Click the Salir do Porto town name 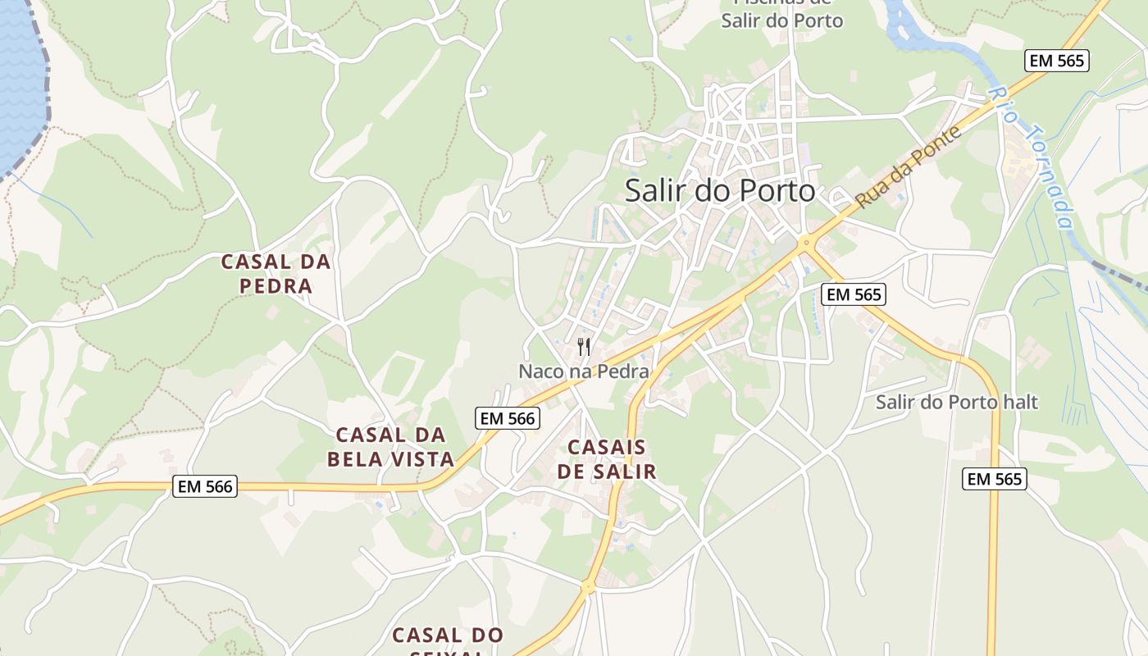(x=720, y=190)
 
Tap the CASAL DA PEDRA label (x=276, y=274)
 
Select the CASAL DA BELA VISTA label (x=390, y=447)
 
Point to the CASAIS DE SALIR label (x=607, y=459)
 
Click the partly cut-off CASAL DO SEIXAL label (x=448, y=640)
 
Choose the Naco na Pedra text (x=584, y=371)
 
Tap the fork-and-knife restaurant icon (x=584, y=347)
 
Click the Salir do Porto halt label (x=956, y=402)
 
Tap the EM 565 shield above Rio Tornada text (x=1057, y=60)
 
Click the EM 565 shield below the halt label (x=995, y=479)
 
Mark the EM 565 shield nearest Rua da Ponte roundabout (x=854, y=294)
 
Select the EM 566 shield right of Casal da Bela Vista (x=508, y=418)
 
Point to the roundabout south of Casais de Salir (x=588, y=586)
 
